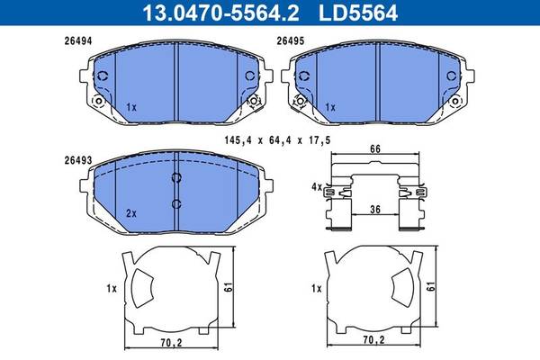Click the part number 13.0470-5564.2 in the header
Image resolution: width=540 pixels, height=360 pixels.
point(220,13)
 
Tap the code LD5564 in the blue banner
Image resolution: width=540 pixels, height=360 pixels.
point(358,13)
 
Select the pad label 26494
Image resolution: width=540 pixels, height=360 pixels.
point(78,41)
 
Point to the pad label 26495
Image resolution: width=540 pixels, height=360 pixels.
point(291,41)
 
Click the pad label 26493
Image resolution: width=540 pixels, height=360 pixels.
point(78,160)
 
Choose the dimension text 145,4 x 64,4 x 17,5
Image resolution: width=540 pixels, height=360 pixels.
point(277,140)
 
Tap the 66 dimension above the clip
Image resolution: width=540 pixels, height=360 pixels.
point(375,148)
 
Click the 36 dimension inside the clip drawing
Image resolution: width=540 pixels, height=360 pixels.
point(375,209)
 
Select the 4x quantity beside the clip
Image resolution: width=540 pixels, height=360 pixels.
point(317,187)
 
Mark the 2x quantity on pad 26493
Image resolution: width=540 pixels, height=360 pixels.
point(131,213)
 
